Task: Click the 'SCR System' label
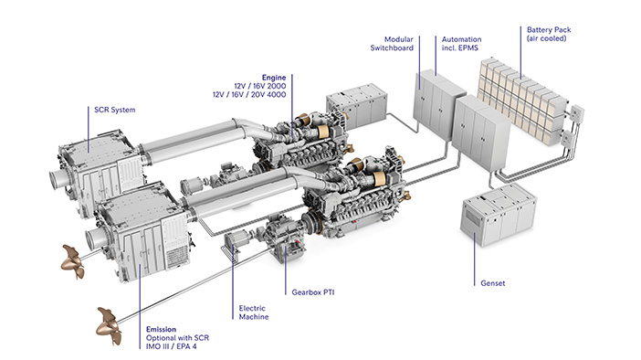(114, 110)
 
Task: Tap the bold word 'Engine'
(274, 78)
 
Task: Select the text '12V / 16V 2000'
(260, 86)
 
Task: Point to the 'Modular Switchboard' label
(392, 43)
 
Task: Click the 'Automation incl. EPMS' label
(461, 43)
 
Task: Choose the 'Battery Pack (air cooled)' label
(549, 34)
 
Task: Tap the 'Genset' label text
(492, 283)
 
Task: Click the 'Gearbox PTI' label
(312, 292)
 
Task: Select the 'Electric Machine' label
(254, 312)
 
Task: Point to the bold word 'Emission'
(161, 329)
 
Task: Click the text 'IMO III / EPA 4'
(171, 346)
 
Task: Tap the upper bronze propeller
(73, 261)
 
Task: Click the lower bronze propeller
(109, 326)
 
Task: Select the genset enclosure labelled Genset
(499, 215)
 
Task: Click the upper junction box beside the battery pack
(577, 112)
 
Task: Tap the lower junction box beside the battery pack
(567, 139)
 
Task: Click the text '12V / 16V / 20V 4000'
(249, 94)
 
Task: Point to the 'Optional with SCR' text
(177, 338)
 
